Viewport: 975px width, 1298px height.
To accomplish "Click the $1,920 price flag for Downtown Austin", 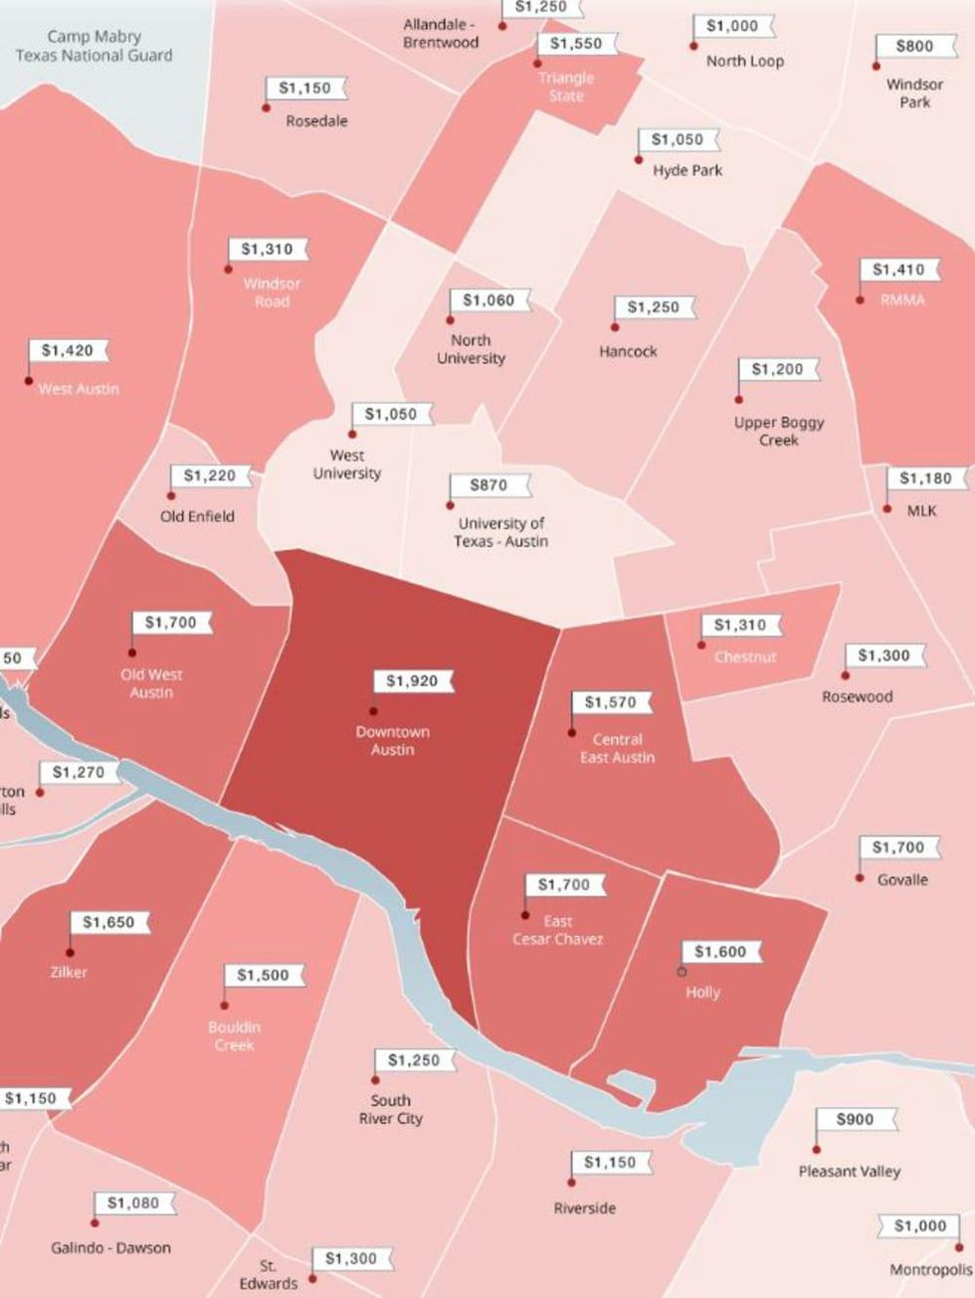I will (x=411, y=681).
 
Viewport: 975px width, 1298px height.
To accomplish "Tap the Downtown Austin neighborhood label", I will (x=393, y=741).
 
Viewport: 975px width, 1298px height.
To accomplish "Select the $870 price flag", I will (x=489, y=485).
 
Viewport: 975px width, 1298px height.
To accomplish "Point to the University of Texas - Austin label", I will (x=501, y=532).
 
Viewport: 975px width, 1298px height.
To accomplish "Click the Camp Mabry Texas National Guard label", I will (x=94, y=46).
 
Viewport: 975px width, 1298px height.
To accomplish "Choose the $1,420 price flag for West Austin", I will (x=68, y=351).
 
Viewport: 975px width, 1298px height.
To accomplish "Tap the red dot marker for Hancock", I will (x=615, y=327).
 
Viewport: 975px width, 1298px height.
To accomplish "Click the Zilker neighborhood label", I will (x=69, y=972).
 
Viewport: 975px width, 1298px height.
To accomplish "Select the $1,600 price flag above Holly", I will (x=720, y=952).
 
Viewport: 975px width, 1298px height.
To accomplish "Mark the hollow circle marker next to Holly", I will (x=682, y=972).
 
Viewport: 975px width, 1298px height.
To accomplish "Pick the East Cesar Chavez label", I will (x=557, y=930).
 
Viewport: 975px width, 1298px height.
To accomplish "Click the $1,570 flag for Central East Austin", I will (x=610, y=702).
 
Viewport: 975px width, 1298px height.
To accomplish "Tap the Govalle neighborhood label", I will (x=902, y=879).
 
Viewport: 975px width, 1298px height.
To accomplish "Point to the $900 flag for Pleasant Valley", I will (x=855, y=1119).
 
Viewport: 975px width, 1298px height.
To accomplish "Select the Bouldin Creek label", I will (x=234, y=1035).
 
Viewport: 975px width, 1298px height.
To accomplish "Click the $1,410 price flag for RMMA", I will (x=898, y=270).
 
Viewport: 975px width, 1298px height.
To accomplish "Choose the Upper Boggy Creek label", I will (x=779, y=431).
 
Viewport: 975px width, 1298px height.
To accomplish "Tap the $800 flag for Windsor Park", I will (x=914, y=46).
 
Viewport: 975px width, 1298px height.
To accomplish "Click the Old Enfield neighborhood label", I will (x=198, y=516).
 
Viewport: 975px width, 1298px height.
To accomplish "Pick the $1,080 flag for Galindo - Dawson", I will (x=133, y=1204).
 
